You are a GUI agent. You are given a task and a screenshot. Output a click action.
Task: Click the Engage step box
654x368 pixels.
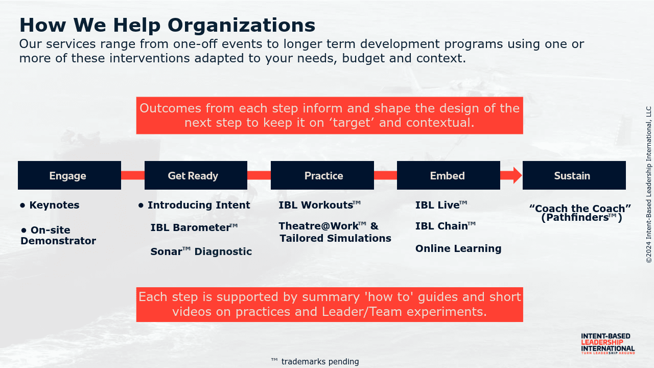tap(69, 175)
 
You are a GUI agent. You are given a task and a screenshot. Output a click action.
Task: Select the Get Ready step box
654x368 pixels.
tap(196, 175)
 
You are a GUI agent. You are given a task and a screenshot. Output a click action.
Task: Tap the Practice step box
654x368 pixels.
tap(322, 175)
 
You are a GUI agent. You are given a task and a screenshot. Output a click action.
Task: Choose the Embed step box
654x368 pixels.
tap(449, 175)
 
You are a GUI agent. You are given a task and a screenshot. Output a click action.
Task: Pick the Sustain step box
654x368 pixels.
tap(574, 175)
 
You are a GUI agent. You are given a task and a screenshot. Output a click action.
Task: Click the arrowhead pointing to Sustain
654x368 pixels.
tap(517, 175)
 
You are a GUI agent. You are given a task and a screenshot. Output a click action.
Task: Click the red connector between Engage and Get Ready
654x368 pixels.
tap(133, 175)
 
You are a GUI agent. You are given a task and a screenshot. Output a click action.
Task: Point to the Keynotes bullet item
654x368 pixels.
tap(50, 205)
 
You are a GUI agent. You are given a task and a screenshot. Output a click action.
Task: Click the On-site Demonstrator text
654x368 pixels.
tap(58, 236)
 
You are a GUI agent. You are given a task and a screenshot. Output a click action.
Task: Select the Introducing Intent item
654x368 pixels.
tap(195, 205)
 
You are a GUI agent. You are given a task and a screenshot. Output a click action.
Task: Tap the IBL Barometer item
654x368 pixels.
tap(194, 227)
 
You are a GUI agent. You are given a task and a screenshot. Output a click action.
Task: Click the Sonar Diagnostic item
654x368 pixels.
tap(201, 251)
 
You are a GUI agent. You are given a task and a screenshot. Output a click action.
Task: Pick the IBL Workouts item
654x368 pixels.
tap(320, 205)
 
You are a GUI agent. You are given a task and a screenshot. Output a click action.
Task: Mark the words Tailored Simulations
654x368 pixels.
tap(336, 238)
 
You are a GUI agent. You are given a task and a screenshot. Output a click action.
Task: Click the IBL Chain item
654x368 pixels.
tap(446, 226)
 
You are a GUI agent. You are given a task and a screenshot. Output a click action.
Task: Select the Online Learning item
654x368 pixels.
tap(458, 248)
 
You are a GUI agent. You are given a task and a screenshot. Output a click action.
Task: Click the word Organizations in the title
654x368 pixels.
tap(242, 26)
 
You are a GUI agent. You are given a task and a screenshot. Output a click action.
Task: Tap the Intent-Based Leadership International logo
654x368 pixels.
tap(608, 344)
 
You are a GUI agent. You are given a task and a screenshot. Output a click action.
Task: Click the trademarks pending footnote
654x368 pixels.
tap(315, 361)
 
